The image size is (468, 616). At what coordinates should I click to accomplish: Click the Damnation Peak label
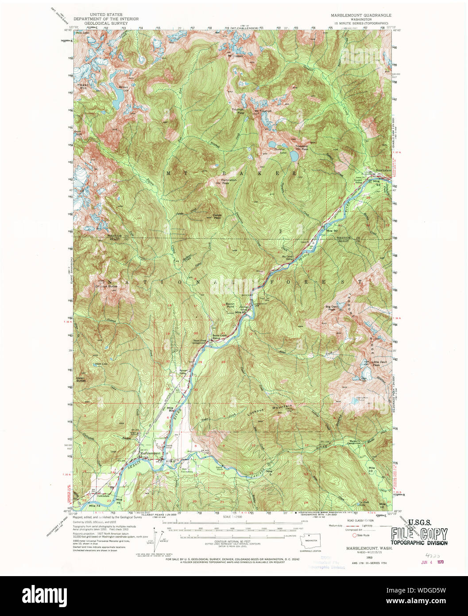point(229,181)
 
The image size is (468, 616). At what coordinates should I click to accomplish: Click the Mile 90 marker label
point(332,230)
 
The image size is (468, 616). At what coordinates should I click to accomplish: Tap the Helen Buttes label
point(81,379)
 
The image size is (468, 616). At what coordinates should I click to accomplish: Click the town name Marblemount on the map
point(151,453)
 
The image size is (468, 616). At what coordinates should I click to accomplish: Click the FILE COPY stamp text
point(419,534)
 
